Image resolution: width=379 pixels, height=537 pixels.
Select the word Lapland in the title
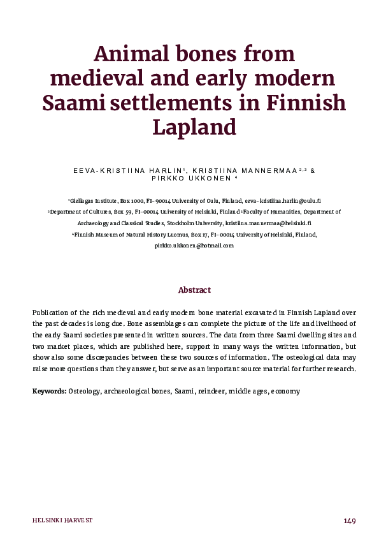point(194,127)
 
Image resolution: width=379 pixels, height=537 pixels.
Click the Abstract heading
point(194,290)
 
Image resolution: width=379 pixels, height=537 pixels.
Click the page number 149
point(350,520)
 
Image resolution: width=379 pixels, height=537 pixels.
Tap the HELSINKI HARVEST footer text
point(62,520)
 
